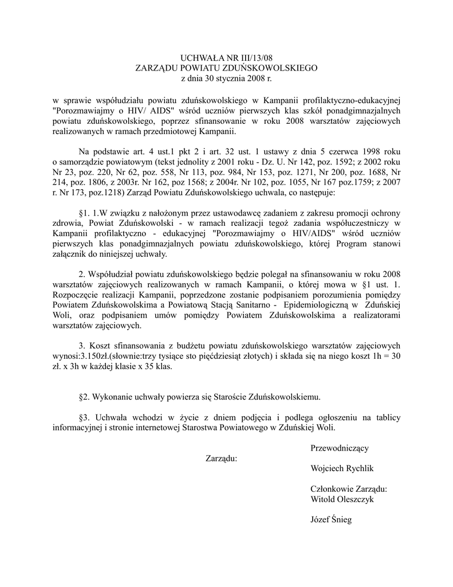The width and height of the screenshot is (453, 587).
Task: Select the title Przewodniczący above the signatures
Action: coord(340,447)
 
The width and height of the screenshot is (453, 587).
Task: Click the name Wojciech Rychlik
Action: coord(341,468)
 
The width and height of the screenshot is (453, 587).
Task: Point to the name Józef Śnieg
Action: coord(330,520)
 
